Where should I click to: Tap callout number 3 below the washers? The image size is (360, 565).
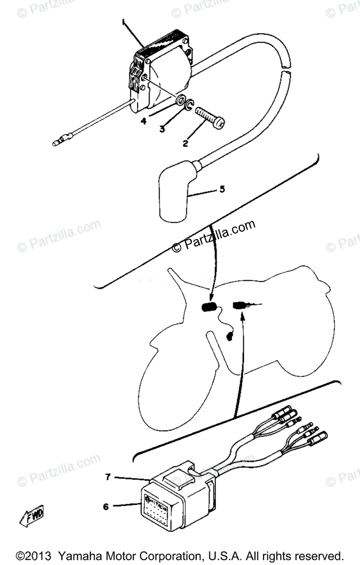(x=162, y=129)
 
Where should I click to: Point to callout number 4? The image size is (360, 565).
(x=143, y=121)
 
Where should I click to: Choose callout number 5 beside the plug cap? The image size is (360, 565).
(x=222, y=189)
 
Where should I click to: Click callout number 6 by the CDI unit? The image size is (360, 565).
(x=105, y=507)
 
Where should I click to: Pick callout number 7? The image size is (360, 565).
(x=108, y=477)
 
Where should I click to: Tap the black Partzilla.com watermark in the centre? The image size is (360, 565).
(x=214, y=235)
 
